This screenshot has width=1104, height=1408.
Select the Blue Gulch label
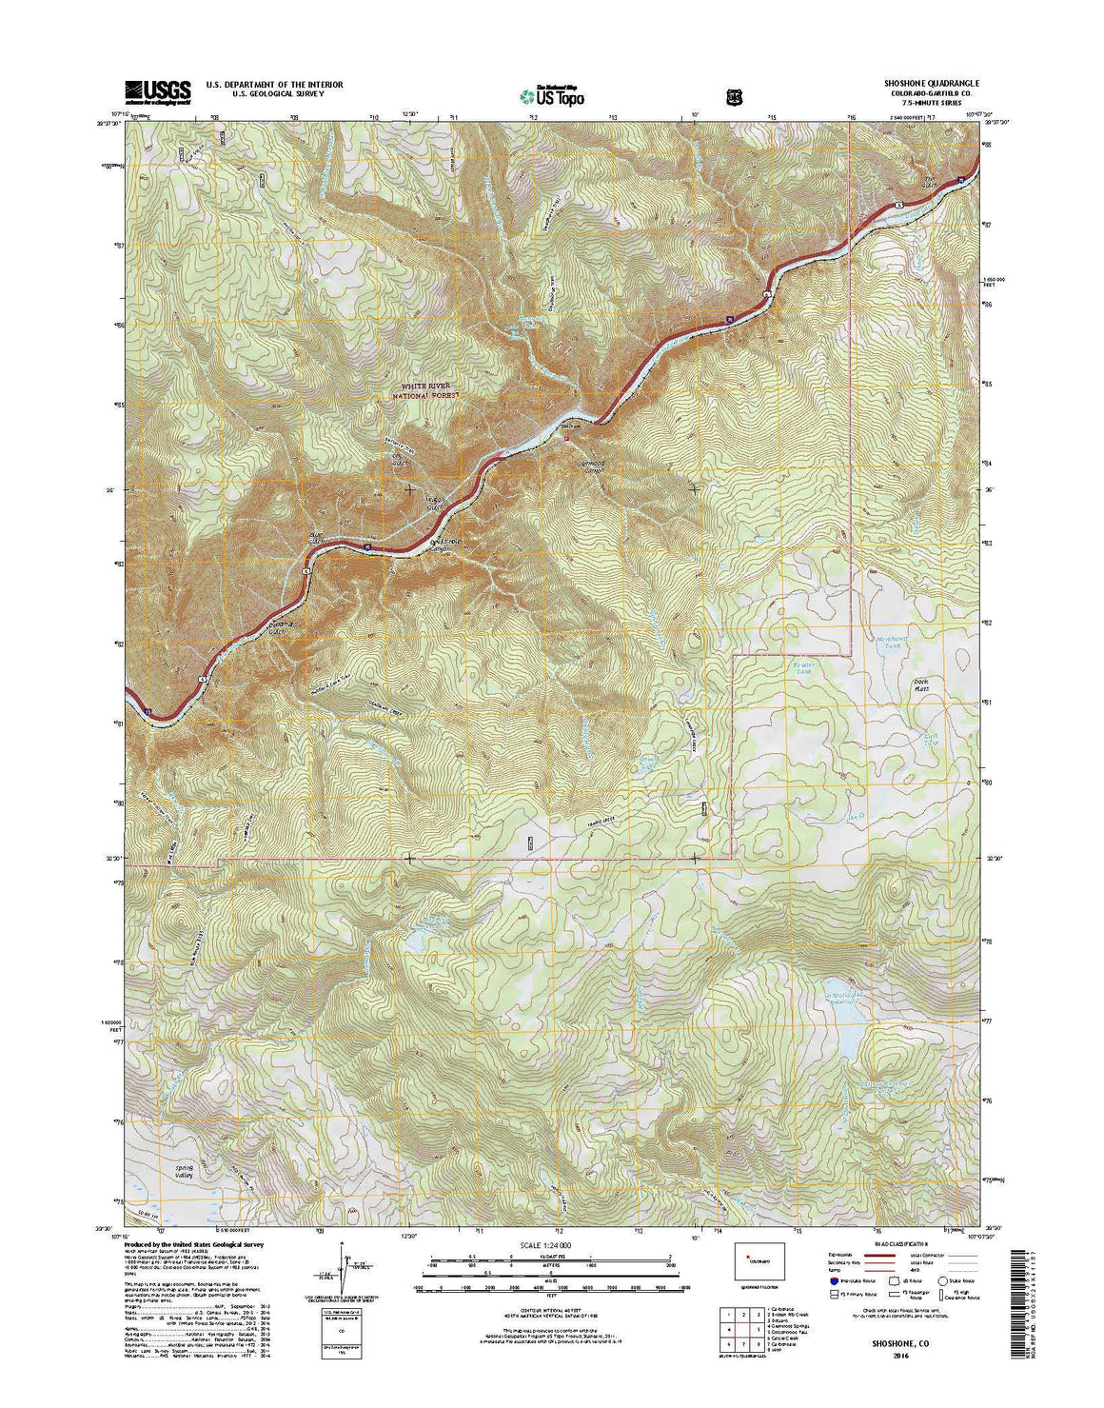point(316,539)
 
